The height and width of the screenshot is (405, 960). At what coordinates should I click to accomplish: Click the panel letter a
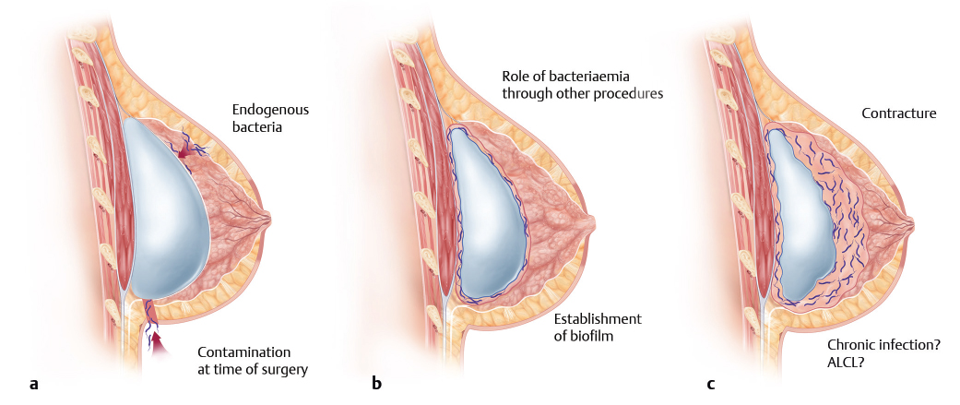(33, 383)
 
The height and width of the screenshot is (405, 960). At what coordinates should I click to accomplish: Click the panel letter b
(376, 383)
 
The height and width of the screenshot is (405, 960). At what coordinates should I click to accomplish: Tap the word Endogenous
(270, 110)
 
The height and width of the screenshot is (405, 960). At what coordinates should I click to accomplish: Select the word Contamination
(243, 352)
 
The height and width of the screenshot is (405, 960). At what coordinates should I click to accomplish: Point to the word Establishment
(597, 319)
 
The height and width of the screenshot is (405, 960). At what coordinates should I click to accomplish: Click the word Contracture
(898, 113)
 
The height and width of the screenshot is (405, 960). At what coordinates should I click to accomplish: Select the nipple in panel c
(912, 223)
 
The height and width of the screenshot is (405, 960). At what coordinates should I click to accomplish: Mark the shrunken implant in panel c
(802, 221)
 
